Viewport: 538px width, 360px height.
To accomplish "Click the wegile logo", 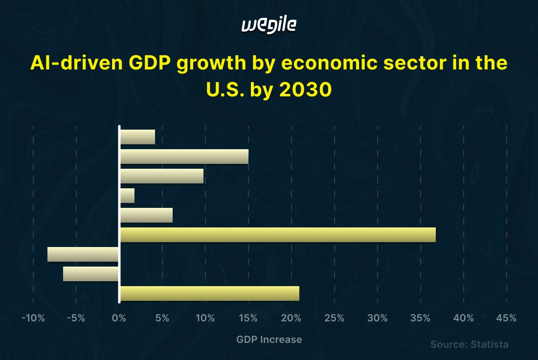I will coord(269,25).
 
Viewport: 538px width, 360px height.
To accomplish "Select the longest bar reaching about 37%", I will coord(277,235).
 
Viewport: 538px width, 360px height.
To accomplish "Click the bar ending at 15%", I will coord(184,157).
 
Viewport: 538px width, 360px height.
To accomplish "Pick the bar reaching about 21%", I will coord(209,293).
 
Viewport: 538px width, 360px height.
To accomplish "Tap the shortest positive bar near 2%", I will coord(127,196).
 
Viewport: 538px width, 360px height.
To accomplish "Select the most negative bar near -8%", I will coord(83,254).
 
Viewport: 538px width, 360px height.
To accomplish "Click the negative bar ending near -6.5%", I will coord(91,274).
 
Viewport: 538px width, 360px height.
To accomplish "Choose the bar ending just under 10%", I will coord(162,176).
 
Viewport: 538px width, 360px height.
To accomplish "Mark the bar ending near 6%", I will coord(146,215).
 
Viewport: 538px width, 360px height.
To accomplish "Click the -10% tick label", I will coord(33,318).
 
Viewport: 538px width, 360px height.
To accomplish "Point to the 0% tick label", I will coord(119,318).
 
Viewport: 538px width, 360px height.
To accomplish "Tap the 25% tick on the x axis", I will coord(335,318).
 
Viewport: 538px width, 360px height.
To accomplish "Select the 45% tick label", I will coord(506,318).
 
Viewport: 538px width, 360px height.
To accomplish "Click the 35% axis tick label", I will coord(421,318).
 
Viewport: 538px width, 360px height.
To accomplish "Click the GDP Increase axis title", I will coord(269,339).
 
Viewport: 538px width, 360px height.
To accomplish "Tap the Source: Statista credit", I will coord(469,344).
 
